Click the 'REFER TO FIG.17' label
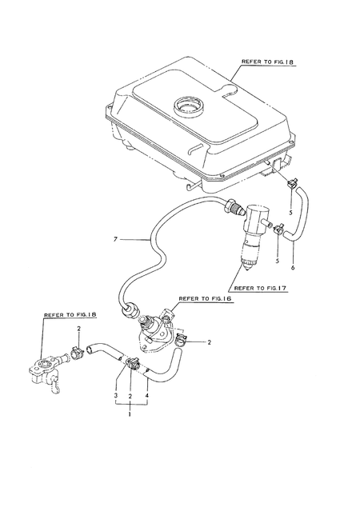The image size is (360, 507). (x=260, y=287)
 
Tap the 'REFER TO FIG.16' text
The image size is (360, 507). (x=205, y=299)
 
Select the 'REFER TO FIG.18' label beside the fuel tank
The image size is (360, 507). (x=268, y=62)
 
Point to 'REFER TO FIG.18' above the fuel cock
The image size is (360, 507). (x=70, y=314)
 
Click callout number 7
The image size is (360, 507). (x=115, y=239)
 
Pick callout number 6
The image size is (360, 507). (x=293, y=267)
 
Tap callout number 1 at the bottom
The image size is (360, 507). (x=130, y=414)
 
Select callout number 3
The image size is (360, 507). (x=115, y=396)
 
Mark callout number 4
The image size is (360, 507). (x=147, y=396)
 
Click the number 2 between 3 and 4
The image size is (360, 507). (x=130, y=396)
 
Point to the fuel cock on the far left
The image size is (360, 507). (x=46, y=373)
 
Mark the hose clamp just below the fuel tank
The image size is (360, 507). (x=292, y=185)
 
